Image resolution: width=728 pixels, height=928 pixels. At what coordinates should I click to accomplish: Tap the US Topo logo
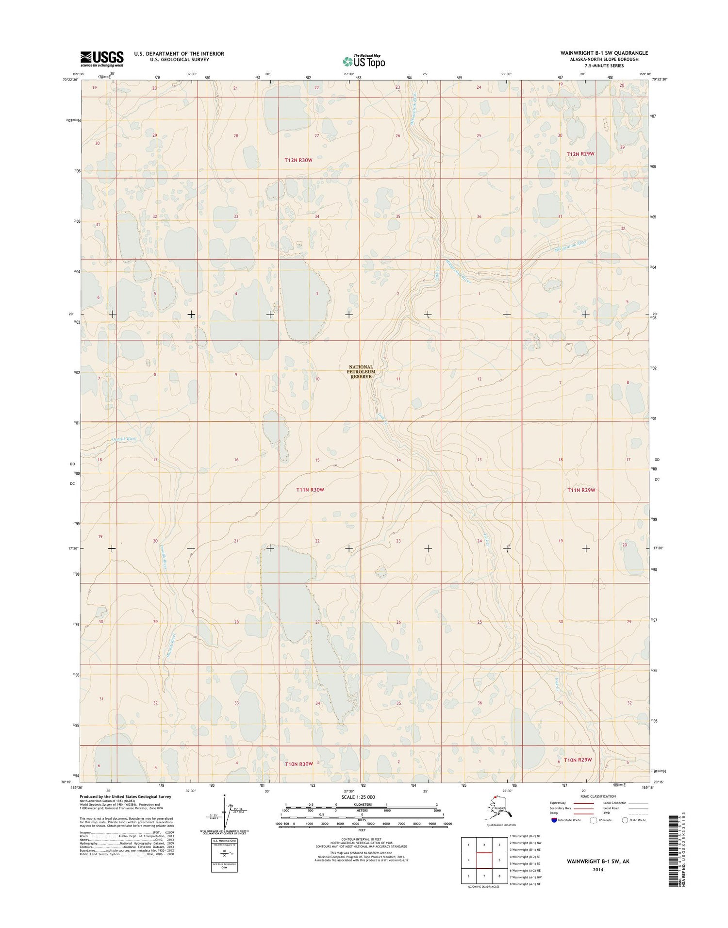pos(364,61)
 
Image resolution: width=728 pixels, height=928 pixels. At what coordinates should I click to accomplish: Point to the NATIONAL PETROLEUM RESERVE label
pos(361,372)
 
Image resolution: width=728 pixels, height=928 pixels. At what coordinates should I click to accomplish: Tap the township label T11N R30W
pos(310,490)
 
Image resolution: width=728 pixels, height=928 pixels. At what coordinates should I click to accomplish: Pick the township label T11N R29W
pos(581,490)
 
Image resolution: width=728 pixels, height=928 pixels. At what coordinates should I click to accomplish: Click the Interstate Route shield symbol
pos(554,820)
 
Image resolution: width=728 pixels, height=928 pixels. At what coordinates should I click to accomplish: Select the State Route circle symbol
pos(625,820)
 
